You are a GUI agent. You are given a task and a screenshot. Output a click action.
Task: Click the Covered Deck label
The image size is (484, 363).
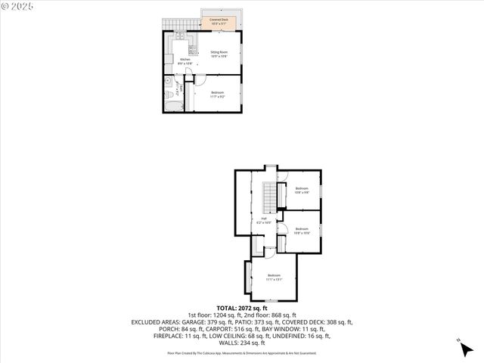point(219,21)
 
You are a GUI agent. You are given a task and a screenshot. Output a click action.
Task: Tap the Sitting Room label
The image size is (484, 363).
point(219,54)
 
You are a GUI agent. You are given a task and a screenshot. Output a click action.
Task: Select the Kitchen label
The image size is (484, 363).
point(185,61)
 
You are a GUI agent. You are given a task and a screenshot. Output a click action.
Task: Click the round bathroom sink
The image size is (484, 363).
point(168,80)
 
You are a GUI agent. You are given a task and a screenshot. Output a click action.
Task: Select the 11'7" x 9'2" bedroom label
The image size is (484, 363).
point(218,94)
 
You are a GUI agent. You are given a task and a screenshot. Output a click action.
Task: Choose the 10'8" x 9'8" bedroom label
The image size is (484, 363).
point(302,190)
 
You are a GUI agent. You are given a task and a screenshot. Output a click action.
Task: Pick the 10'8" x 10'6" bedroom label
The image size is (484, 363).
point(302,231)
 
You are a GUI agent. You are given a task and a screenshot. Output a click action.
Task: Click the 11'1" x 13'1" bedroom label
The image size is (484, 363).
point(273,277)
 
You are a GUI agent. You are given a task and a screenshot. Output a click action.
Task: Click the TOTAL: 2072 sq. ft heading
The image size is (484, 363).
point(242,309)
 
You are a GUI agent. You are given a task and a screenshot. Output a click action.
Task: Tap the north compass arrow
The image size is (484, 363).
point(461,346)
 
